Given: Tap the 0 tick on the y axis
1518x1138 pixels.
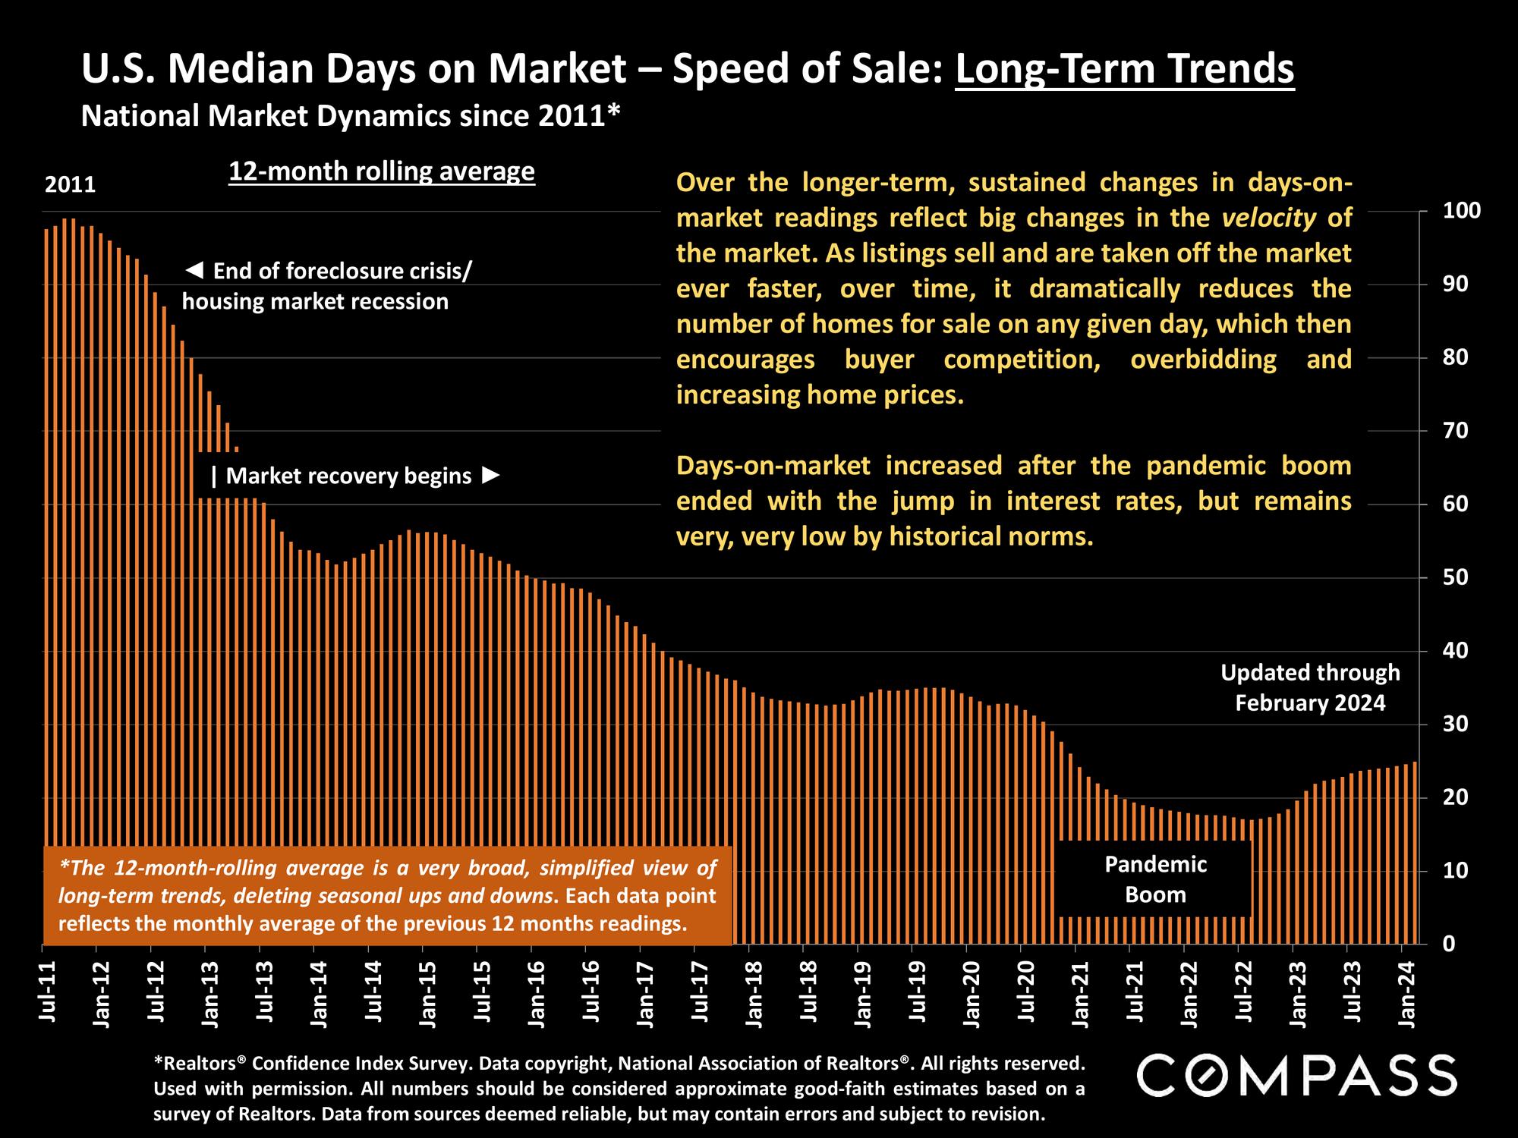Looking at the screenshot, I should pyautogui.click(x=1448, y=945).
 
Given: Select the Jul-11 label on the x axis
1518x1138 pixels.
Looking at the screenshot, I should pyautogui.click(x=48, y=991).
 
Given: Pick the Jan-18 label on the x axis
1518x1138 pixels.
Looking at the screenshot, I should pyautogui.click(x=754, y=991).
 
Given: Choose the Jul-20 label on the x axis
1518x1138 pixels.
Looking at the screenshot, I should pyautogui.click(x=1025, y=991).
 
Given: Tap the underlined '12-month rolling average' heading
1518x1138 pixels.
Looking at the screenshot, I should pyautogui.click(x=382, y=172).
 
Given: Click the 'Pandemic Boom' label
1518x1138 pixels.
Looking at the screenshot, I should pyautogui.click(x=1155, y=879).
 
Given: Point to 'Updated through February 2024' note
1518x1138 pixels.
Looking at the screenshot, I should pyautogui.click(x=1310, y=687).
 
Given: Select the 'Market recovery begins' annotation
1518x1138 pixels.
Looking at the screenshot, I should pyautogui.click(x=354, y=476).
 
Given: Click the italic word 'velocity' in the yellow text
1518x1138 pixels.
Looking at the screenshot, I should pyautogui.click(x=1269, y=218).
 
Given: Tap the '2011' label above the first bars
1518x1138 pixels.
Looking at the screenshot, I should pyautogui.click(x=71, y=185).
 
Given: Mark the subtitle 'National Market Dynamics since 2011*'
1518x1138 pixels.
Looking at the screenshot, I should pyautogui.click(x=351, y=116).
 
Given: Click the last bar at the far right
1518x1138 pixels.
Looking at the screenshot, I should pyautogui.click(x=1415, y=853).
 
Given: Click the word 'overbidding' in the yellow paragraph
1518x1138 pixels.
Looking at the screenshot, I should pyautogui.click(x=1203, y=359).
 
